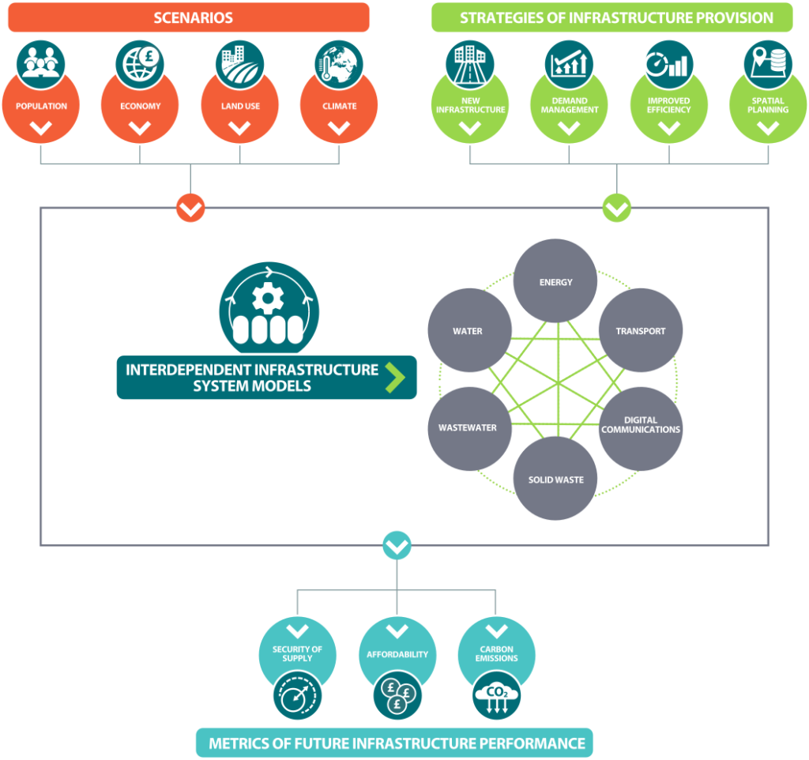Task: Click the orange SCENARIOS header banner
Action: click(x=190, y=17)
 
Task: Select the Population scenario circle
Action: click(x=41, y=107)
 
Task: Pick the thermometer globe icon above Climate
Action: click(x=340, y=63)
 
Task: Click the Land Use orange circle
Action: click(x=240, y=107)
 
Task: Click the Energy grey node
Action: click(x=556, y=281)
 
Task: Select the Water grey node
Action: click(x=468, y=331)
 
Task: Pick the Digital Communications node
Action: click(x=641, y=427)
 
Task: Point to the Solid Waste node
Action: click(x=556, y=479)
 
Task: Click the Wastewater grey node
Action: click(x=468, y=427)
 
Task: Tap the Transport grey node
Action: click(x=641, y=331)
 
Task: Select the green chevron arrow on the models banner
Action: click(x=395, y=378)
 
